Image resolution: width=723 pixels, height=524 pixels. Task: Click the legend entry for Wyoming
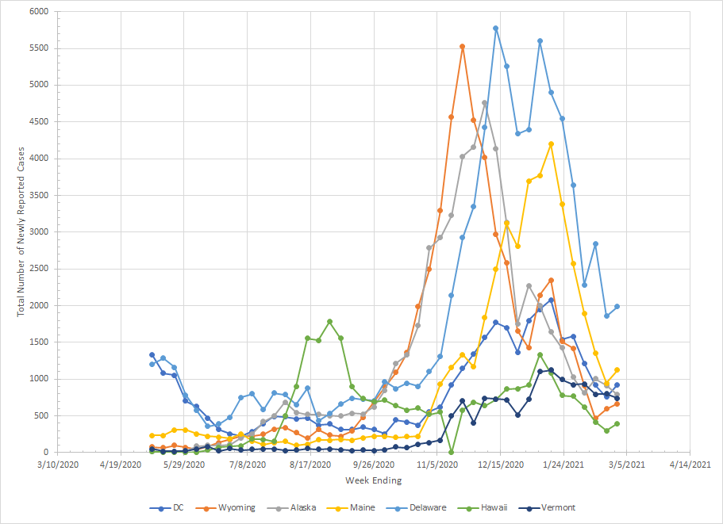pos(237,507)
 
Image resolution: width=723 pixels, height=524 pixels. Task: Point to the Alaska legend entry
pos(303,507)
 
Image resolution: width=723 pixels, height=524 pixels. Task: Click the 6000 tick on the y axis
pos(39,12)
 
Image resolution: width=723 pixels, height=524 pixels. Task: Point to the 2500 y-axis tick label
pos(39,269)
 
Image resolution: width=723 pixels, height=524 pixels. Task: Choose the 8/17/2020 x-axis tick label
pos(310,465)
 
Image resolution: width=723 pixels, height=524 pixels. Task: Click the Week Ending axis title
pos(373,480)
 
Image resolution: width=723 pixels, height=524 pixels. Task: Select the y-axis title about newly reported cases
pos(21,231)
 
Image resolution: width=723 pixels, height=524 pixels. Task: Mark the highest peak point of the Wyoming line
pos(463,46)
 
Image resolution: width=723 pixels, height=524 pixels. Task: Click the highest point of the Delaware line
pos(496,28)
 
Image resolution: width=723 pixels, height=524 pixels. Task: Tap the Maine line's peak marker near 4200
pos(551,143)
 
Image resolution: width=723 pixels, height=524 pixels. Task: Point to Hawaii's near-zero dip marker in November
pos(452,452)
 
